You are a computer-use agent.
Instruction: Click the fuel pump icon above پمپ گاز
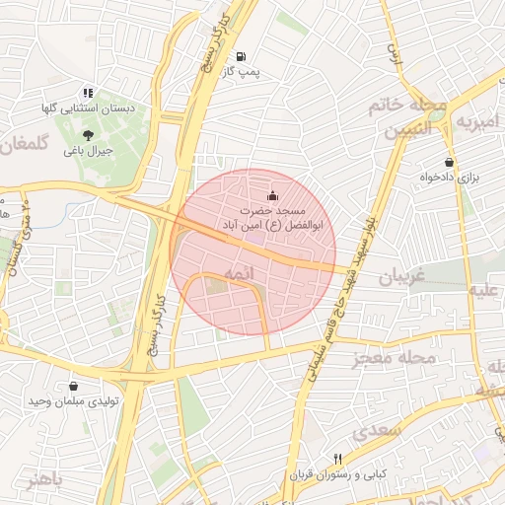point(243,56)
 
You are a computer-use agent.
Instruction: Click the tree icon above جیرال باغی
point(88,135)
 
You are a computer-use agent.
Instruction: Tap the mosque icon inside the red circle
point(273,196)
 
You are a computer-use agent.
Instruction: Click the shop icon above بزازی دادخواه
point(450,162)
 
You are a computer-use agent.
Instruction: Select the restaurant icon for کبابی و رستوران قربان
point(338,459)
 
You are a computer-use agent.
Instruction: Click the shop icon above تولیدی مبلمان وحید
point(75,387)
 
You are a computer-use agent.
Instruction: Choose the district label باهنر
point(44,480)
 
